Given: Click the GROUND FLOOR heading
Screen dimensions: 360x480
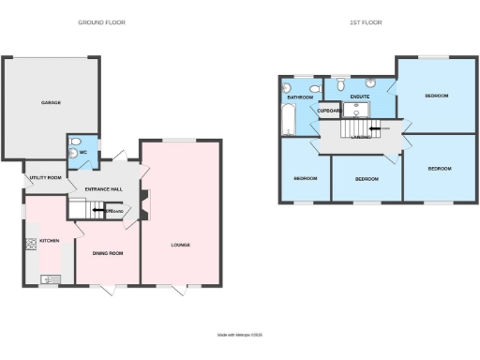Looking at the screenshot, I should tap(101, 22).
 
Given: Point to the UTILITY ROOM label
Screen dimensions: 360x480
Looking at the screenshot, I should tap(45, 177).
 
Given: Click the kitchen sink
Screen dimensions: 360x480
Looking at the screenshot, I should tap(51, 277).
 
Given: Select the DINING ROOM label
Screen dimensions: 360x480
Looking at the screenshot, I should tap(107, 251).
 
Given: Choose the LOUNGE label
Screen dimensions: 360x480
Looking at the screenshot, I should tap(181, 246).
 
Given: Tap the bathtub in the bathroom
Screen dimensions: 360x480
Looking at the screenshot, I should tap(287, 119).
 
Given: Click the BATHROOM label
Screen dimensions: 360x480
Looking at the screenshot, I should tap(300, 97).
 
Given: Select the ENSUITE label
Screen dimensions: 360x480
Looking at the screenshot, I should tap(359, 97).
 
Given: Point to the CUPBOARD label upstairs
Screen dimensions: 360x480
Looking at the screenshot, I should tap(328, 112).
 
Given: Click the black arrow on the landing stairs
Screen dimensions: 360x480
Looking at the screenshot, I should tap(374, 130).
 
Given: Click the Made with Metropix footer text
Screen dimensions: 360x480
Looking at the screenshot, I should tap(239, 333).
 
